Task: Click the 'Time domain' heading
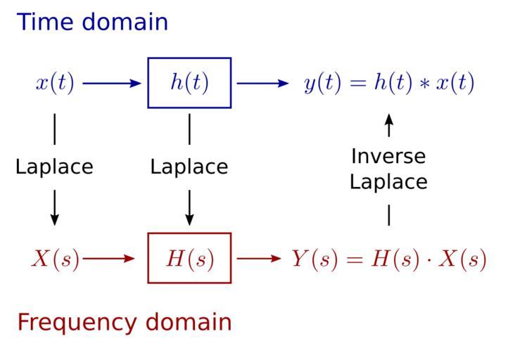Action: [x=92, y=22]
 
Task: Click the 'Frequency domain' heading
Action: [x=124, y=322]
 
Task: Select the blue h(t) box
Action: [x=189, y=83]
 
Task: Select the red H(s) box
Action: [x=189, y=258]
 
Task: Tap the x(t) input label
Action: [x=55, y=83]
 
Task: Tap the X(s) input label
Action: [x=55, y=259]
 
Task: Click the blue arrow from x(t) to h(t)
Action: [x=112, y=83]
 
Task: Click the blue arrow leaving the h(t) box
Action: [x=262, y=83]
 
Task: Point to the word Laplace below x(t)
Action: [x=54, y=167]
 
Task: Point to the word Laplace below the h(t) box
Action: [x=189, y=167]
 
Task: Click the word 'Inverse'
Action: [x=388, y=155]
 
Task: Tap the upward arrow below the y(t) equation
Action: [x=388, y=127]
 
